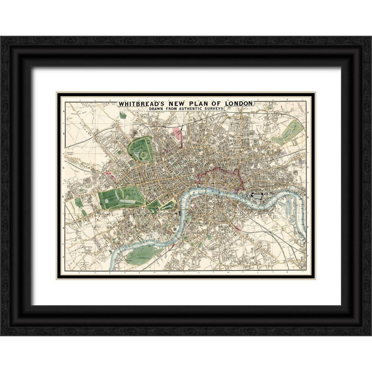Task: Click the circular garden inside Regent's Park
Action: point(143,154)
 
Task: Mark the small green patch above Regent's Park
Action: point(123,116)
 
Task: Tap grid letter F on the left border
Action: point(64,246)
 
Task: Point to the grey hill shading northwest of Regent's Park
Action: point(133,132)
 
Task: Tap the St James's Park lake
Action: point(168,205)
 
